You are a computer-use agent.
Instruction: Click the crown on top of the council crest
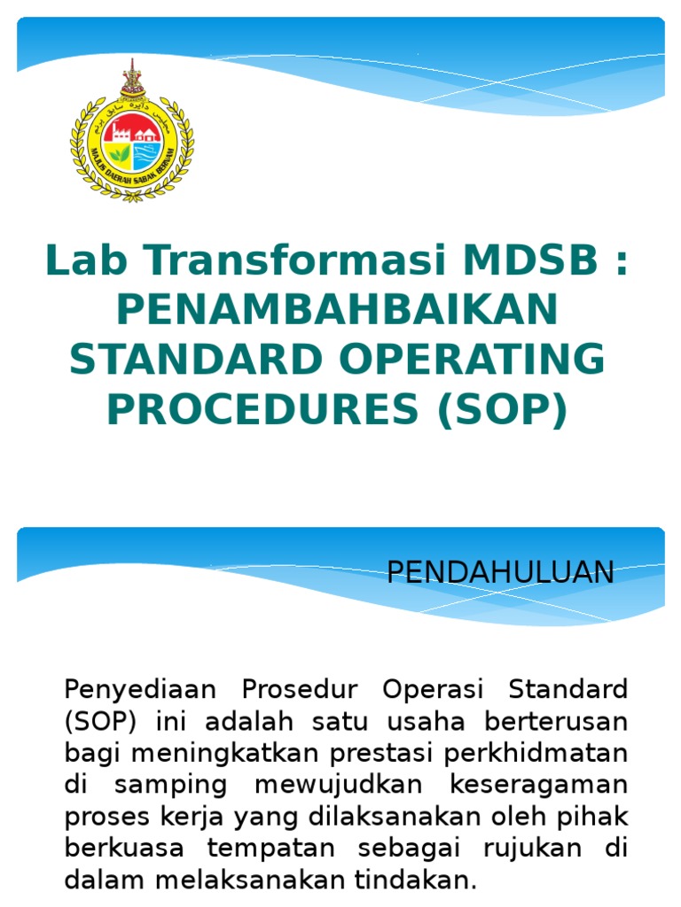tap(132, 79)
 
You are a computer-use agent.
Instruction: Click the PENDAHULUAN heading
tap(500, 573)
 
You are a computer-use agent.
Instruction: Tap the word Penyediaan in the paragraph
tap(135, 688)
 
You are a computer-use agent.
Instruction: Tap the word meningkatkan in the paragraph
tap(186, 754)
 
